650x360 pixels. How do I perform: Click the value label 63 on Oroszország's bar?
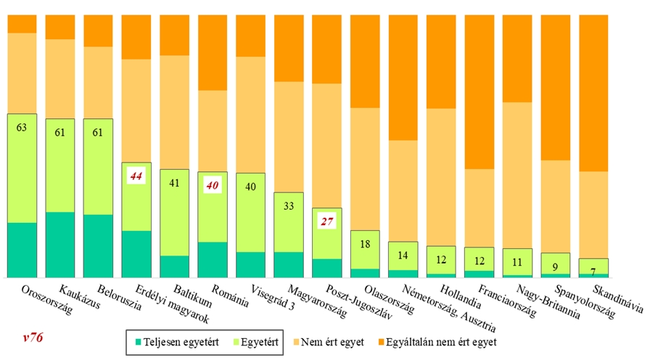click(x=22, y=128)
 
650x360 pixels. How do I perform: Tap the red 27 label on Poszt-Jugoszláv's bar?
click(x=326, y=221)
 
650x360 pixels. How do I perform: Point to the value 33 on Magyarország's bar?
click(x=288, y=206)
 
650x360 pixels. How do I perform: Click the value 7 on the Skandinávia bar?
click(x=593, y=271)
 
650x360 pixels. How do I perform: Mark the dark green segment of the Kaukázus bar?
click(x=59, y=245)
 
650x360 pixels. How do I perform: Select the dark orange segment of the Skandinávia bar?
click(x=593, y=92)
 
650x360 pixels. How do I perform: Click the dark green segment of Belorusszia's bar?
click(x=98, y=246)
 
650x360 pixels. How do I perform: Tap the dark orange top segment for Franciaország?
click(x=479, y=91)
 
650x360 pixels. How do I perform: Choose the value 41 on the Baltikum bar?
click(x=174, y=184)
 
